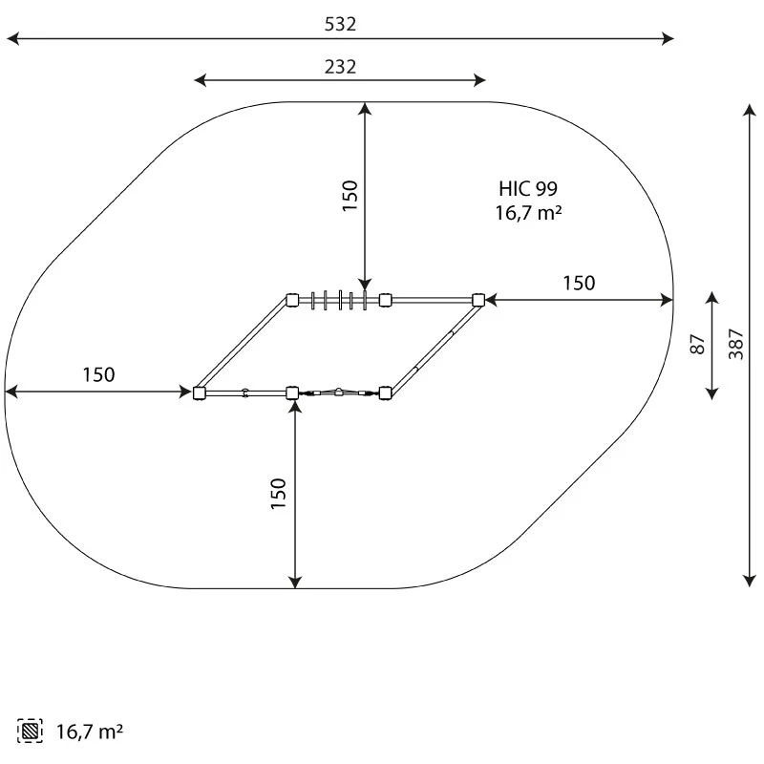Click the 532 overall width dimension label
click(340, 24)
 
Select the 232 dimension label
click(340, 67)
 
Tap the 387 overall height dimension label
click(735, 344)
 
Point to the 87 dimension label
click(698, 344)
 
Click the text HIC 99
click(528, 188)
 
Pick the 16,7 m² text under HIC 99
click(529, 213)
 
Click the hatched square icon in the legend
click(30, 731)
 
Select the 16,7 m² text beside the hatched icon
click(90, 732)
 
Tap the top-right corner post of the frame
click(478, 300)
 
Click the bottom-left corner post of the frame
click(199, 393)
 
